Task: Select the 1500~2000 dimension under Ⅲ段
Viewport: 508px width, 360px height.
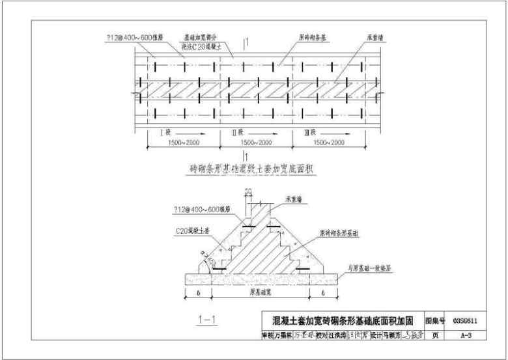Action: point(329,142)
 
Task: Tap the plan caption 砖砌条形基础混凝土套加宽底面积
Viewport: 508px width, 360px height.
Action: point(251,169)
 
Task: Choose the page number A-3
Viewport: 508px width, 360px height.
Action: point(464,336)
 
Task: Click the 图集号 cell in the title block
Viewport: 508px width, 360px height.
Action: point(434,321)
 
